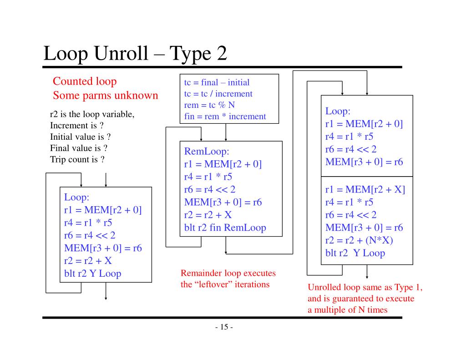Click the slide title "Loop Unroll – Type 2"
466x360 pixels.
coord(135,54)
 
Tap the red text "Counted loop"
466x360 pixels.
coord(85,81)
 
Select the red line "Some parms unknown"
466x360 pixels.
coord(105,96)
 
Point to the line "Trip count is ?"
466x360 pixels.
coord(77,160)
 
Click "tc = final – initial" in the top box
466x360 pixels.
coord(217,82)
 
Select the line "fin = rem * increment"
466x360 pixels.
coord(225,116)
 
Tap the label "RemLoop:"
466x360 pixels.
coord(206,152)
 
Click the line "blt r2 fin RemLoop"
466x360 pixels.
coord(225,228)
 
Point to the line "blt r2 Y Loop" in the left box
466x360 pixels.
coord(92,274)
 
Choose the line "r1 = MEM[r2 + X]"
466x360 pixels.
coord(365,190)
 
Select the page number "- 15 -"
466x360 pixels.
coord(223,327)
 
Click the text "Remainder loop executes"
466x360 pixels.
coord(228,274)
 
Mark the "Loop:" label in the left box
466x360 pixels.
coord(76,198)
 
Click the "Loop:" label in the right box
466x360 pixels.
coord(338,111)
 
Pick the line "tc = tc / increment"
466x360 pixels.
coord(218,94)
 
